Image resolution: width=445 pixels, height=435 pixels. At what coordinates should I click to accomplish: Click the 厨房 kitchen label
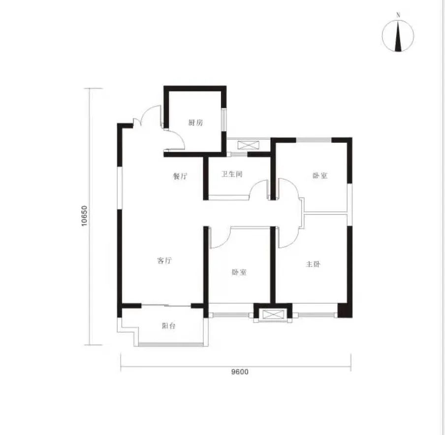[x=196, y=123]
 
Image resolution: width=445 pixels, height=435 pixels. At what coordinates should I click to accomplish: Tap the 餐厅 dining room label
[x=180, y=176]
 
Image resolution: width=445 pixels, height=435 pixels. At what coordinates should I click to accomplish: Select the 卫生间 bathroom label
[x=232, y=174]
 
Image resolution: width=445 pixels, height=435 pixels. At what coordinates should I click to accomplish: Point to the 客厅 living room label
[x=164, y=261]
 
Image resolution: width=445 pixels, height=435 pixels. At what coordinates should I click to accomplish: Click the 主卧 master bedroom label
[x=313, y=264]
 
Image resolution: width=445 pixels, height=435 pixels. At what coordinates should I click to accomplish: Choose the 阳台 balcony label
[x=168, y=326]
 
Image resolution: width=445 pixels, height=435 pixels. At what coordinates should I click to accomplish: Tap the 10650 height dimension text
[x=85, y=216]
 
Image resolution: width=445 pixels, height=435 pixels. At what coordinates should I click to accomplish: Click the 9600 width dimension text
[x=240, y=372]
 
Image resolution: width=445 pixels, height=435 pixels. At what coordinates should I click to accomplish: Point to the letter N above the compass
[x=398, y=15]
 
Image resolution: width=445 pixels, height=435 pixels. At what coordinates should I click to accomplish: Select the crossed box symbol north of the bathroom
[x=249, y=145]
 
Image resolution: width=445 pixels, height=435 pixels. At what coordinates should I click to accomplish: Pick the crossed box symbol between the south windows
[x=273, y=314]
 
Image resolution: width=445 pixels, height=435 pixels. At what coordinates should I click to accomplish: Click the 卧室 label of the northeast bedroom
[x=320, y=175]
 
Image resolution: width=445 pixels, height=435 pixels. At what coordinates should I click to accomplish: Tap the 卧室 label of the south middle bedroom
[x=239, y=272]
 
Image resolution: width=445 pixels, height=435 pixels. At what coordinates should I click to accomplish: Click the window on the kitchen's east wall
[x=224, y=120]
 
